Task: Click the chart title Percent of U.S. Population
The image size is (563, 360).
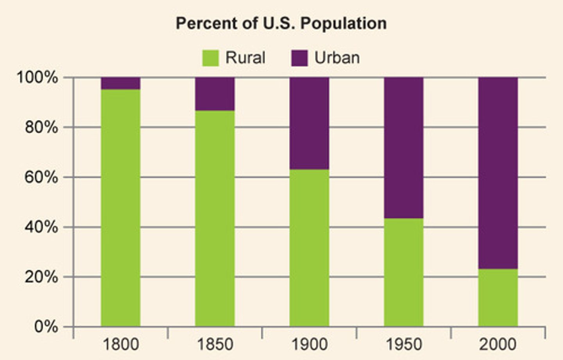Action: (x=281, y=23)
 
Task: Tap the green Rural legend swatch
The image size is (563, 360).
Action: (x=210, y=58)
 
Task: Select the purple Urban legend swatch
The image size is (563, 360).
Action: (x=299, y=58)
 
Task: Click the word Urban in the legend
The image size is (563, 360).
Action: (x=337, y=58)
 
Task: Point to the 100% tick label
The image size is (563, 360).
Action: (x=37, y=77)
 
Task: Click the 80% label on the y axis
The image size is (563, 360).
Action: (x=41, y=127)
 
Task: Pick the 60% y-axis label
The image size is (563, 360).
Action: (x=41, y=177)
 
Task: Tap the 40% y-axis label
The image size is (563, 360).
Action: (x=41, y=227)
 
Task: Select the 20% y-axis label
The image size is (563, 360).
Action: (x=41, y=277)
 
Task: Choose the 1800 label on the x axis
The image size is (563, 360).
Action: (x=120, y=345)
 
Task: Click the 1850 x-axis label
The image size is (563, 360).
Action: (x=215, y=345)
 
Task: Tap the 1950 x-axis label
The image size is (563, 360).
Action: (x=403, y=345)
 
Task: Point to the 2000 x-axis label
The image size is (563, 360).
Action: (x=498, y=345)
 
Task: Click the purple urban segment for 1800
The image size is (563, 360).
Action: (x=120, y=83)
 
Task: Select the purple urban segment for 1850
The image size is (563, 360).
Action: (x=215, y=94)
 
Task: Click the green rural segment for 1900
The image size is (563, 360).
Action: (x=309, y=248)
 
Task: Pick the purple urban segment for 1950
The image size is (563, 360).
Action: (x=403, y=148)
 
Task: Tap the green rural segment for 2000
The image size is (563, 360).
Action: (x=498, y=298)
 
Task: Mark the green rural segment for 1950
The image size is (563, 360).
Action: (x=403, y=272)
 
